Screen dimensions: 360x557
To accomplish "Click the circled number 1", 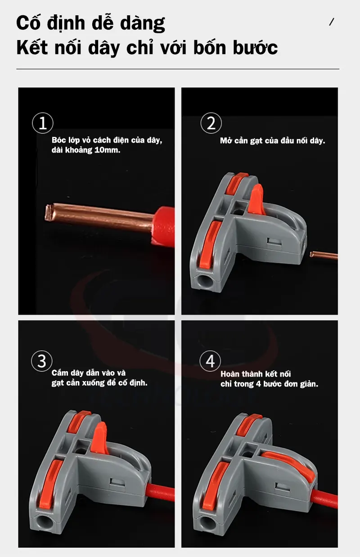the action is (43, 123).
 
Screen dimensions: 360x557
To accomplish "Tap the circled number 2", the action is (211, 123).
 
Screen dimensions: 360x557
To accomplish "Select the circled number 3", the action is (42, 361).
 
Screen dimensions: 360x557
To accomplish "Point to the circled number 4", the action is (210, 361).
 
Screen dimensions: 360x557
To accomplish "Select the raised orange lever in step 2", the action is (256, 199).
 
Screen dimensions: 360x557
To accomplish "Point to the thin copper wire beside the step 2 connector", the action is (324, 255).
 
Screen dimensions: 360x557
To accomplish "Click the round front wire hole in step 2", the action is (205, 280).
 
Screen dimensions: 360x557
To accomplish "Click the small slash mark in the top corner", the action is (331, 22).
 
